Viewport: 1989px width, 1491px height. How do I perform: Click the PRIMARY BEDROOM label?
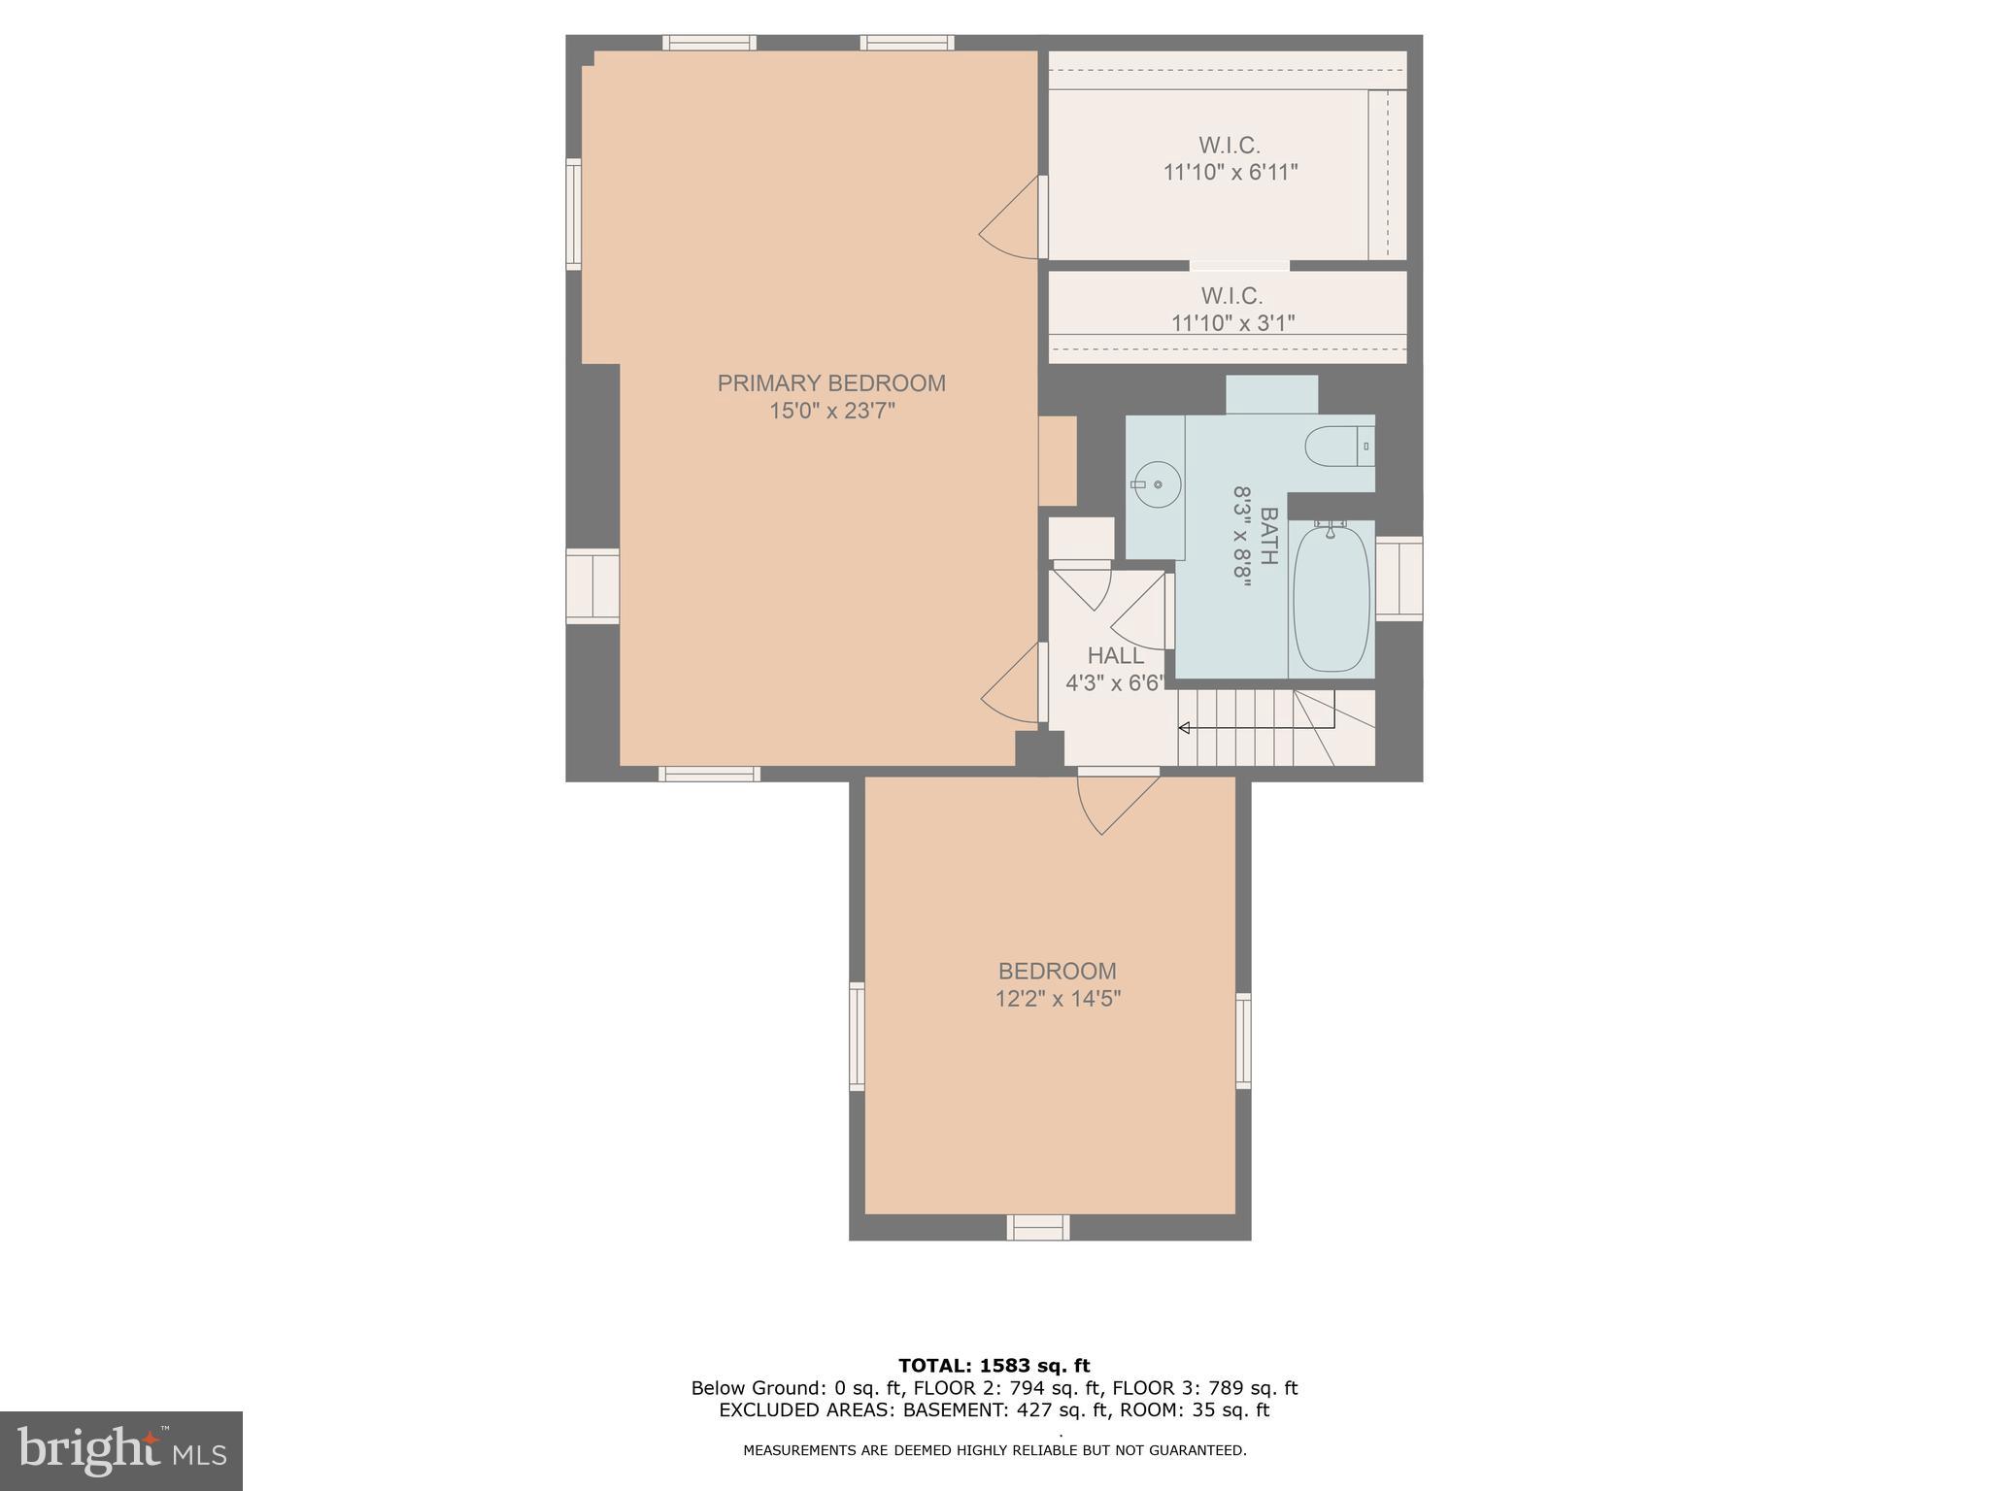[831, 383]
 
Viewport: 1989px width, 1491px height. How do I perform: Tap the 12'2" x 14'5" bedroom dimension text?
[1058, 999]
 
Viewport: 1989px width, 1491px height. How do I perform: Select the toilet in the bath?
[1337, 447]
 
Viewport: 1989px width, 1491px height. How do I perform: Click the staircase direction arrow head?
[1184, 727]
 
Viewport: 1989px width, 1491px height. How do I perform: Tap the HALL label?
[1115, 656]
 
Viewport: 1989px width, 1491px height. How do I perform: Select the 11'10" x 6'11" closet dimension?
[1230, 173]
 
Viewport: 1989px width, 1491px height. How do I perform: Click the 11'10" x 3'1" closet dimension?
[1232, 323]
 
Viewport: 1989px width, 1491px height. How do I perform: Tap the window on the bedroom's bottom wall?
[1038, 1227]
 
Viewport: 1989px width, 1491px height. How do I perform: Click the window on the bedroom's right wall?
[1243, 1041]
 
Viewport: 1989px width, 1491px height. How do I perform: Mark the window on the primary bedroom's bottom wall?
[709, 774]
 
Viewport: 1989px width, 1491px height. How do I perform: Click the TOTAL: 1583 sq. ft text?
[994, 1366]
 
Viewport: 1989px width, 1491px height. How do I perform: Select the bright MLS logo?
[121, 1450]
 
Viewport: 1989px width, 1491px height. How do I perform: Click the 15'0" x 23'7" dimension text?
[831, 412]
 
